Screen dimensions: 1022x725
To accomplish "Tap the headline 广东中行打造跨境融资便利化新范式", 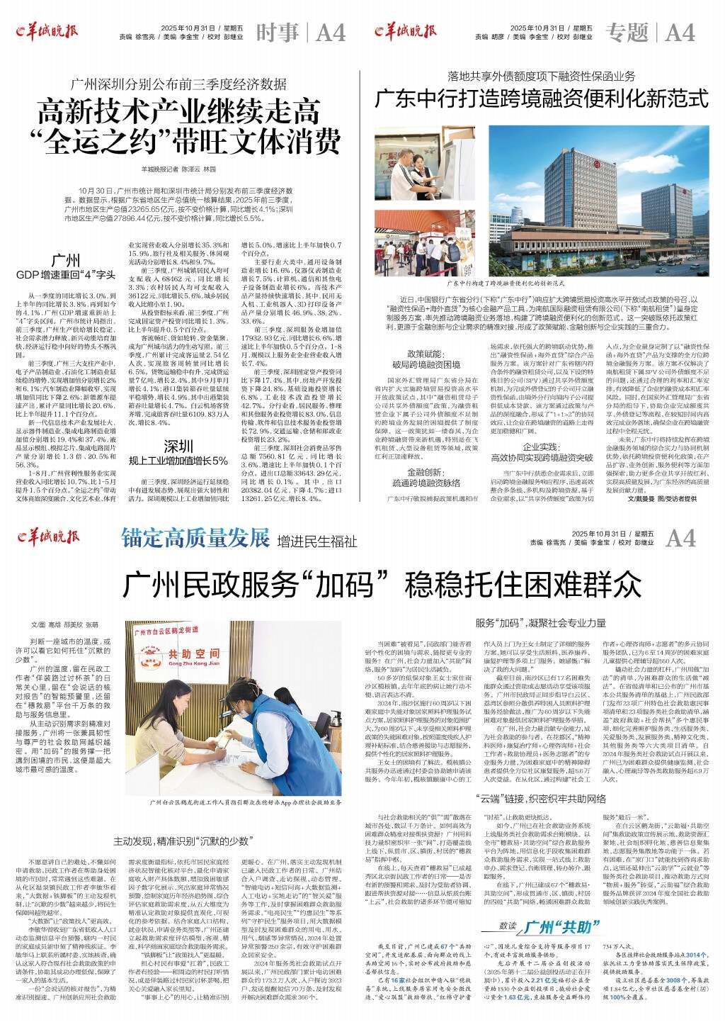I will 541,98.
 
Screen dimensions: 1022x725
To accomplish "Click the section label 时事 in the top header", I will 277,33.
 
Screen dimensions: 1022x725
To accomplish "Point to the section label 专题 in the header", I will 627,33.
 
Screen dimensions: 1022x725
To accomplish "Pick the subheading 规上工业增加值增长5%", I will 178,461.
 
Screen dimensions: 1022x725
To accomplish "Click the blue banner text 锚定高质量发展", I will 195,537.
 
